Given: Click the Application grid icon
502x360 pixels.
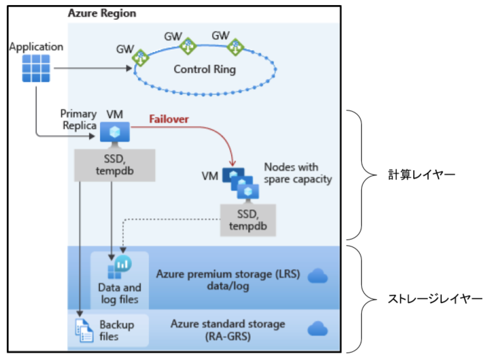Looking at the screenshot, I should [x=36, y=68].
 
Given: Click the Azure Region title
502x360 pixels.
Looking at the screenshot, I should [x=102, y=13].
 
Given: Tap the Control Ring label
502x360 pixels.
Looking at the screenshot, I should [x=205, y=69].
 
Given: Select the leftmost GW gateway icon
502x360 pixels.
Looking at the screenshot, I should [x=140, y=58].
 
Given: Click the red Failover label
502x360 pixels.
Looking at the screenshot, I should [x=169, y=119].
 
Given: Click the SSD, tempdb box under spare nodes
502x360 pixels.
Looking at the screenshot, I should [x=248, y=220].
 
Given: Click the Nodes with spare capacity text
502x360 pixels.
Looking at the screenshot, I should [x=298, y=173].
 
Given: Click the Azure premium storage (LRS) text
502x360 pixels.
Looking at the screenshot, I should [x=228, y=280].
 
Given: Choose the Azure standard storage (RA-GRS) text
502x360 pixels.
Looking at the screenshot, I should [x=228, y=330].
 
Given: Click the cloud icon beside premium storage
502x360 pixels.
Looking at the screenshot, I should [x=317, y=276].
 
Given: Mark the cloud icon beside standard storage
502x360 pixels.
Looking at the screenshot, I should [x=317, y=328].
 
